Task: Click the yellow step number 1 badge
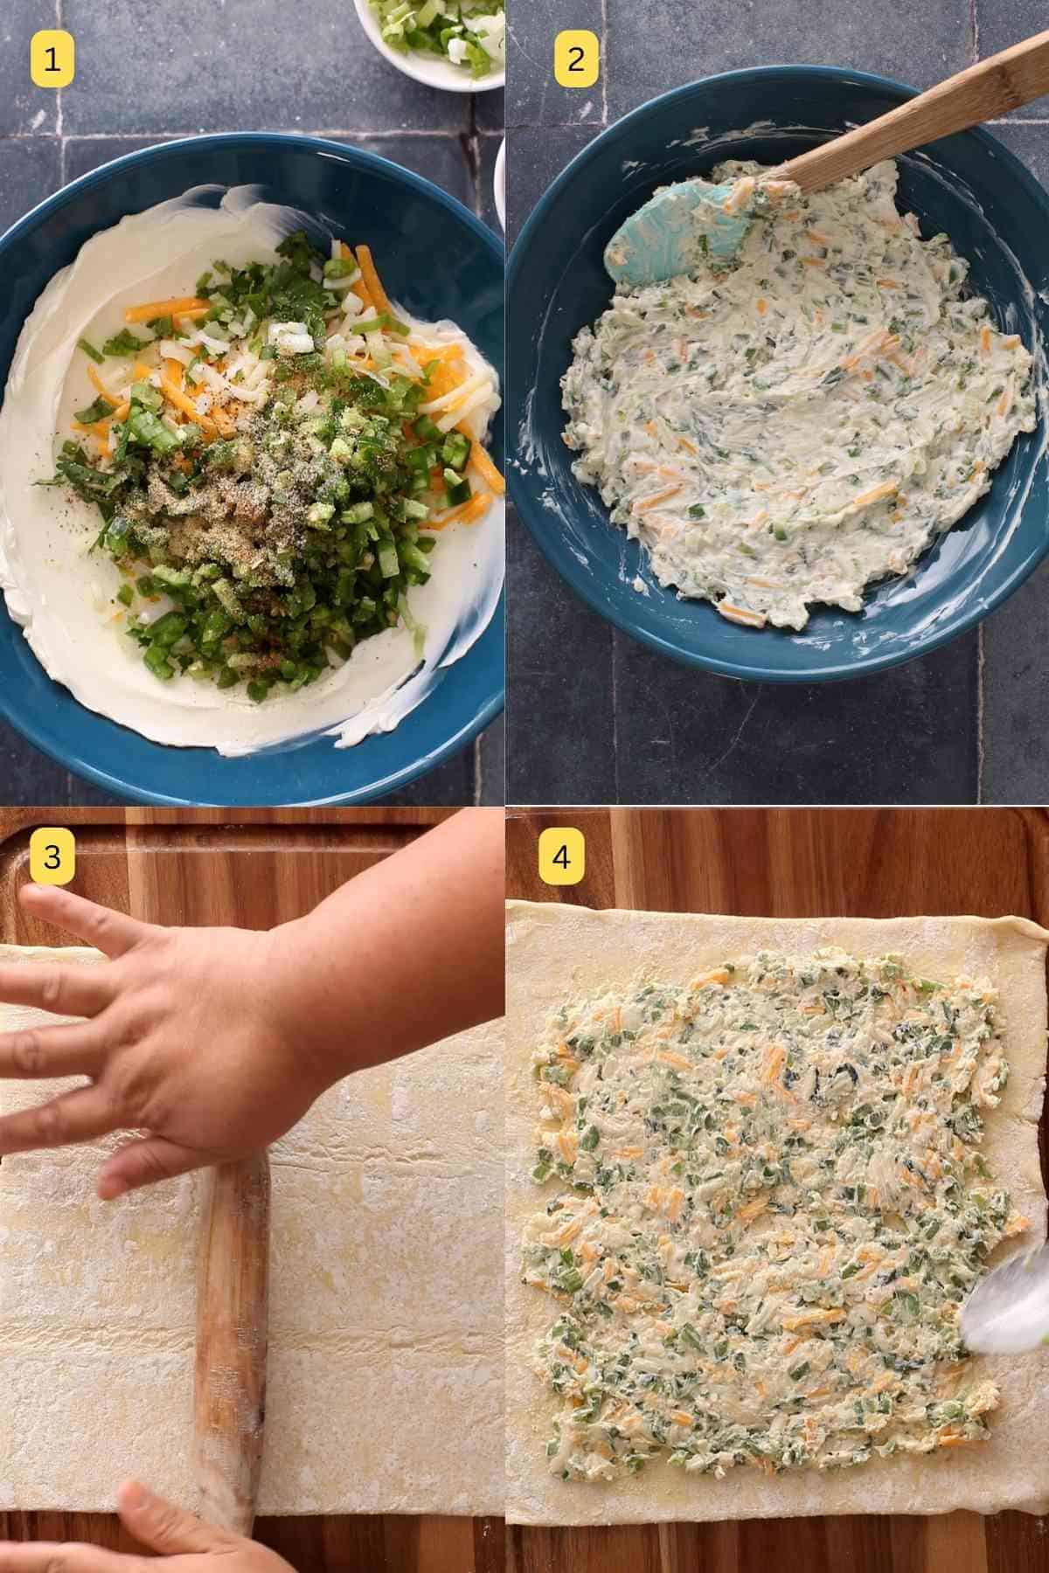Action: coord(52,60)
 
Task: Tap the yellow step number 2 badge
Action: coord(576,60)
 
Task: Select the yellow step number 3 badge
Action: coord(52,857)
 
